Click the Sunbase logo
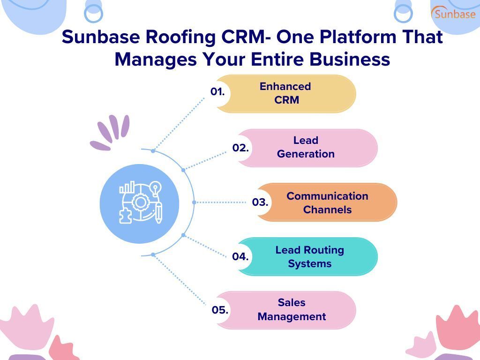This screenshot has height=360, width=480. [453, 13]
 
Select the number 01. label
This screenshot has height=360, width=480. [217, 92]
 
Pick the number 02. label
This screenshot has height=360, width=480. [240, 148]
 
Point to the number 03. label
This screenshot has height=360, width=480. [260, 202]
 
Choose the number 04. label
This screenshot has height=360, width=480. [240, 256]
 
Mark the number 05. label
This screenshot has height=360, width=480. [219, 310]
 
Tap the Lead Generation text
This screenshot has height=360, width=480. [306, 147]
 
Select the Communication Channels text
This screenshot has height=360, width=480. [327, 202]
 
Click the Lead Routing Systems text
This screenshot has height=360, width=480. [309, 256]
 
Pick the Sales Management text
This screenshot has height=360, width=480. [291, 309]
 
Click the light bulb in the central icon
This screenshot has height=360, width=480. [155, 188]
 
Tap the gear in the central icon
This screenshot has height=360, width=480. [140, 202]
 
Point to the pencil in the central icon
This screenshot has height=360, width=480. [158, 213]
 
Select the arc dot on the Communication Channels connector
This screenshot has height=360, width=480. [194, 202]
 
